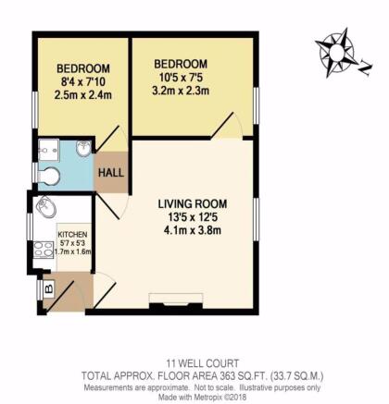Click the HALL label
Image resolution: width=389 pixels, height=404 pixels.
pyautogui.click(x=111, y=173)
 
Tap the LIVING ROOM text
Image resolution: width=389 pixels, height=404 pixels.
pyautogui.click(x=193, y=204)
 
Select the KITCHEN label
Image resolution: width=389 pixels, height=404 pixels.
pyautogui.click(x=73, y=235)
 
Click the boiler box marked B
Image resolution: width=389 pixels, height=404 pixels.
pyautogui.click(x=49, y=289)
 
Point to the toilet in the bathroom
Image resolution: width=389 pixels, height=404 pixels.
pyautogui.click(x=48, y=177)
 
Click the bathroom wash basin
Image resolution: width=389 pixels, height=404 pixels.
pyautogui.click(x=83, y=148)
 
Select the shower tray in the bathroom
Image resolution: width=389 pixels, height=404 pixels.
pyautogui.click(x=48, y=150)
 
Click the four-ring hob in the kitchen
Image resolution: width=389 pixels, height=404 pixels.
pyautogui.click(x=44, y=250)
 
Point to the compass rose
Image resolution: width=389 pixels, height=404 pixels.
pyautogui.click(x=336, y=53)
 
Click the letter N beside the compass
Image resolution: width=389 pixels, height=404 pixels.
pyautogui.click(x=365, y=68)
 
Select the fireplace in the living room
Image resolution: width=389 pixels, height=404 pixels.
pyautogui.click(x=176, y=300)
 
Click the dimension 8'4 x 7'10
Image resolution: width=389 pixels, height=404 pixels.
pyautogui.click(x=83, y=82)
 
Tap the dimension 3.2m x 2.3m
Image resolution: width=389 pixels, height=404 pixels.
pyautogui.click(x=181, y=91)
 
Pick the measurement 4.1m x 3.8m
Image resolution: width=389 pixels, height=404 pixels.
pyautogui.click(x=193, y=230)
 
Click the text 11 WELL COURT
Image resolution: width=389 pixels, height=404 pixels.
pyautogui.click(x=203, y=363)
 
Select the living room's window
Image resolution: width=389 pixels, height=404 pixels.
pyautogui.click(x=256, y=219)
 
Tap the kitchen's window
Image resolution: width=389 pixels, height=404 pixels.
pyautogui.click(x=30, y=226)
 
